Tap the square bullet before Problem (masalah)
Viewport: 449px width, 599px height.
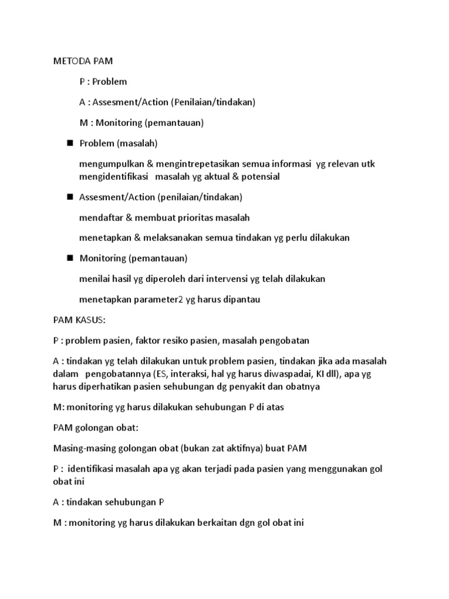(70, 143)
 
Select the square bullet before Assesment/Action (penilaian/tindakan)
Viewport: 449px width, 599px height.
(70, 197)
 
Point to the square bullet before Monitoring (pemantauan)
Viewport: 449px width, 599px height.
(70, 257)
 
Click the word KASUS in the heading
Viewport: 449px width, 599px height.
(88, 320)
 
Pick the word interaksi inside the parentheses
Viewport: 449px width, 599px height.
(196, 374)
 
